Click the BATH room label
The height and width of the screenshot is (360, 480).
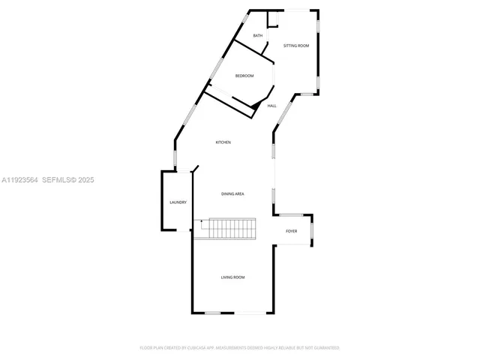[257, 36]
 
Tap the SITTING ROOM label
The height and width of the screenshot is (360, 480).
[295, 46]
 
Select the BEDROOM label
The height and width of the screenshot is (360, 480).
[244, 76]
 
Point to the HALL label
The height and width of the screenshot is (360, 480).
[271, 106]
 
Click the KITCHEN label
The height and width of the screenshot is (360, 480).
[223, 142]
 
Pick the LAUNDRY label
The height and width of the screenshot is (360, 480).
[178, 202]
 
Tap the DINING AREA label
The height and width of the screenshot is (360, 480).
[232, 194]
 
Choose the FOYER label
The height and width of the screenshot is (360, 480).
[291, 231]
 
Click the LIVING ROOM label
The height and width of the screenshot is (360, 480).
[232, 277]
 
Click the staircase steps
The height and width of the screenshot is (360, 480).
[232, 228]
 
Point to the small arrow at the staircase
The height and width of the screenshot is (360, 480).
[201, 221]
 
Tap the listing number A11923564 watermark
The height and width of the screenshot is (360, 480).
[20, 180]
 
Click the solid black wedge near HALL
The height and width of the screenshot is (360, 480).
[256, 107]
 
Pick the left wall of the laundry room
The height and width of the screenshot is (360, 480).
[162, 201]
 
